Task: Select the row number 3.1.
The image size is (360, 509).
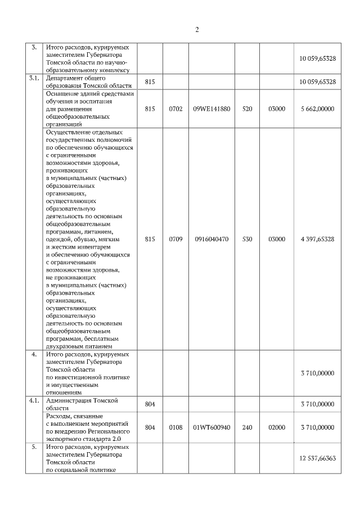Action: click(x=34, y=78)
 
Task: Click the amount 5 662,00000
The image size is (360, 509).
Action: click(x=318, y=109)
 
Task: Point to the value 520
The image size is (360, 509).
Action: click(x=247, y=109)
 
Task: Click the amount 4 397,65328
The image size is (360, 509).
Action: click(x=318, y=239)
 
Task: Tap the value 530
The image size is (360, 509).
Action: click(x=247, y=239)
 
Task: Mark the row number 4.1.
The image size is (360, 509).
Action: click(x=34, y=400)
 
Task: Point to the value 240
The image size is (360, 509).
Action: click(x=247, y=427)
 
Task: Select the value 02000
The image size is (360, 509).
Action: click(x=277, y=427)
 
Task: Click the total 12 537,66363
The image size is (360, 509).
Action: click(x=318, y=458)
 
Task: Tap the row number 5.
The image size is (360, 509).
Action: click(x=34, y=447)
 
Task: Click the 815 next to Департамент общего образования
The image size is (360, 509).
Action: click(x=150, y=82)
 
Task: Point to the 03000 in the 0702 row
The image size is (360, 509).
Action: click(x=277, y=109)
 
